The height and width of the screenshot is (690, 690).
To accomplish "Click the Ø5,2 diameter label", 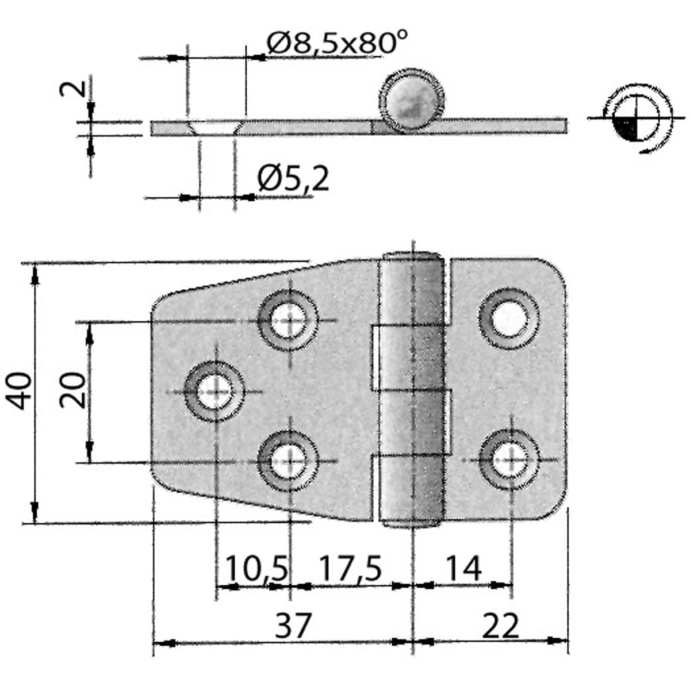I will click(293, 179).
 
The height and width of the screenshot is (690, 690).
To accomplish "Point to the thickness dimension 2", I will click(77, 89).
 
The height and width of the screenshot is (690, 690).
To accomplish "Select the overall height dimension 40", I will click(20, 390).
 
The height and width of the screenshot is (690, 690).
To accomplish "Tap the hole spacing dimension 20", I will click(74, 390).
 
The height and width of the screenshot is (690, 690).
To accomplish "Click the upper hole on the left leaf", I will click(288, 320).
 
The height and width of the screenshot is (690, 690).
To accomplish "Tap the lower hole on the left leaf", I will click(288, 461).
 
